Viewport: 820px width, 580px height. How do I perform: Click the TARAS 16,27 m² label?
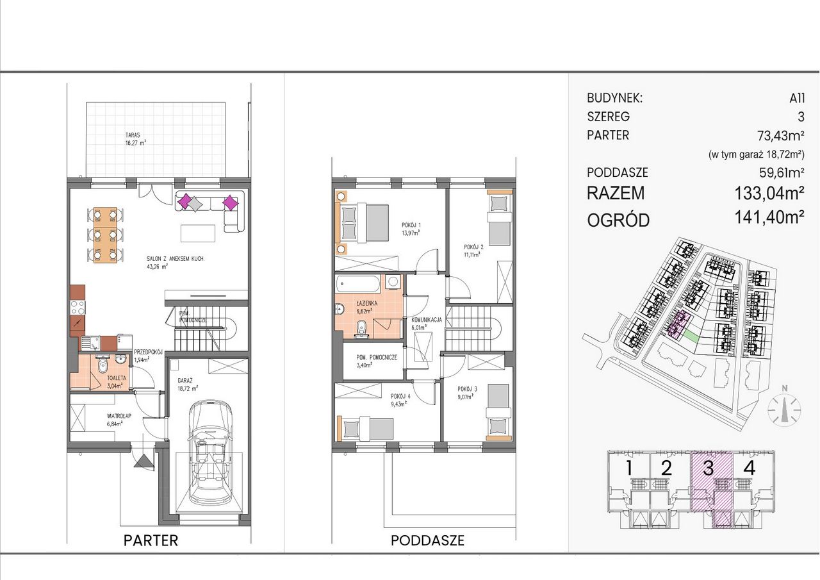[135, 139]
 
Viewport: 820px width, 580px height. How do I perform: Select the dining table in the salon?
[106, 235]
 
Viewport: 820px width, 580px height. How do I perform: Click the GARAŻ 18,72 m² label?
[188, 385]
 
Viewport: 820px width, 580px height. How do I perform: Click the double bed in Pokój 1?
[365, 224]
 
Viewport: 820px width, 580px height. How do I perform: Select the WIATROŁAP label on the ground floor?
[115, 420]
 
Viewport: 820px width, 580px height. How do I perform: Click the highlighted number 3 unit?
[709, 468]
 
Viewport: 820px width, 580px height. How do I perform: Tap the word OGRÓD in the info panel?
[618, 220]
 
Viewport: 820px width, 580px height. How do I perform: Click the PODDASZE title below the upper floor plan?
[427, 541]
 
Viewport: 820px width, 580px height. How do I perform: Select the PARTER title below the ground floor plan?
[151, 541]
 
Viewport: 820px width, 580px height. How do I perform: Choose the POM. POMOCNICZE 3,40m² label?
[377, 361]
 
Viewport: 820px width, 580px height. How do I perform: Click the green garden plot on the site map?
[691, 335]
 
